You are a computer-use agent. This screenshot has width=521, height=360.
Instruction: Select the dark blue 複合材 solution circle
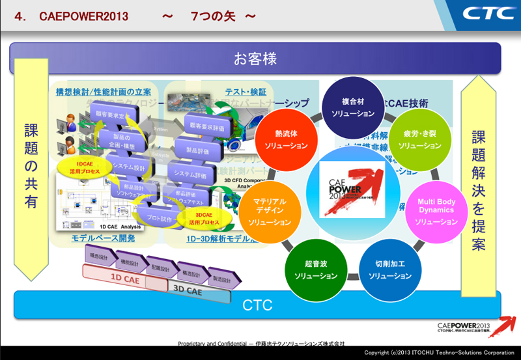point(352,107)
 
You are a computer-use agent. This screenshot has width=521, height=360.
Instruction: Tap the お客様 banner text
point(255,59)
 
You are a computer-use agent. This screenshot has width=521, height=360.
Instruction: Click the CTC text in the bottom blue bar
point(257,305)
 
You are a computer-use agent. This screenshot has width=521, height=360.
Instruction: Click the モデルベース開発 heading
point(103,238)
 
